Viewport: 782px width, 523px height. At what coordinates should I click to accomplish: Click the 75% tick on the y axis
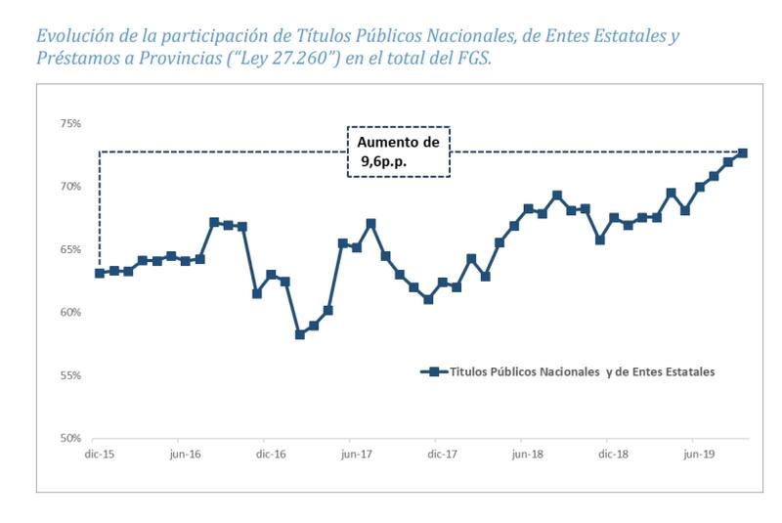point(69,123)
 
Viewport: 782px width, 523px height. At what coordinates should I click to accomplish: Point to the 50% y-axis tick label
point(69,438)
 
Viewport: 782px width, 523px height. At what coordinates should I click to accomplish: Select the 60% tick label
point(69,313)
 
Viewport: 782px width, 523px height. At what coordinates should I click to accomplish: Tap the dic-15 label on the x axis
point(100,455)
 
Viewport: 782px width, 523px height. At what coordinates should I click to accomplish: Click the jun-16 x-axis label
point(185,455)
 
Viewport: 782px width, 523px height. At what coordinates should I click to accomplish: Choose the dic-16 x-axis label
point(271,455)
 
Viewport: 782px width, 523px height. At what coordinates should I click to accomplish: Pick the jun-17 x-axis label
point(357,455)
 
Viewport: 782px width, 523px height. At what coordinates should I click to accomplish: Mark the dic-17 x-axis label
point(443,455)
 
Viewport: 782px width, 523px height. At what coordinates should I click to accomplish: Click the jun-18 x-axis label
point(528,455)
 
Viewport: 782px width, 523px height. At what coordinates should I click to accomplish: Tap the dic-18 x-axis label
point(613,455)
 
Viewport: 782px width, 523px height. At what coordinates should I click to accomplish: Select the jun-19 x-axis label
point(698,455)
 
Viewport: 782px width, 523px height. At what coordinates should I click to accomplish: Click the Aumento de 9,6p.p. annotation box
point(399,151)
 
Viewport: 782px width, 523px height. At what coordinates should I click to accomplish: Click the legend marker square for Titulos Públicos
point(428,371)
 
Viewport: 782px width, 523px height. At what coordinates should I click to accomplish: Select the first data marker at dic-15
point(100,273)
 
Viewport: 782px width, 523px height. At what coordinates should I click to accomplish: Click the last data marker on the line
point(743,153)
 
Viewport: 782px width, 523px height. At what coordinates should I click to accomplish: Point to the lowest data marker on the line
point(300,334)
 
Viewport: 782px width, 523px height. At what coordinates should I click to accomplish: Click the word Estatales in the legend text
point(687,371)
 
